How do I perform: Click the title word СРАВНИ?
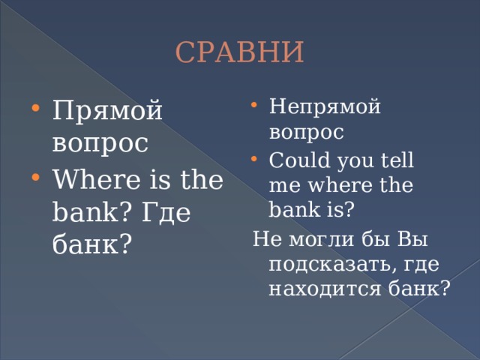pyautogui.click(x=240, y=53)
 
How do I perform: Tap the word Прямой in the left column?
pyautogui.click(x=108, y=112)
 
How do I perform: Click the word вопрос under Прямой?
pyautogui.click(x=100, y=144)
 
